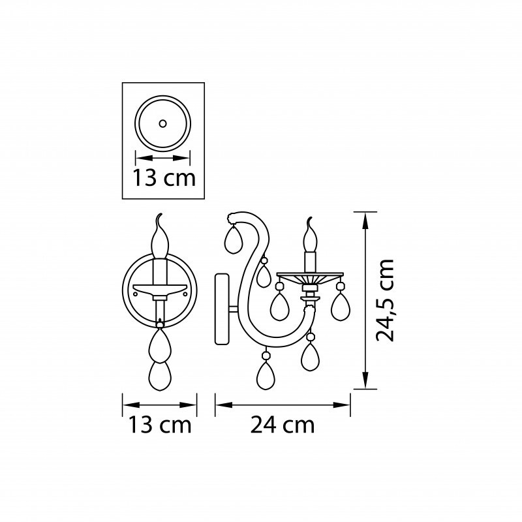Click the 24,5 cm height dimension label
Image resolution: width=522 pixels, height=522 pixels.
pos(385,300)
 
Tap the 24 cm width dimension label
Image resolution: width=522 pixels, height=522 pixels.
pos(283,425)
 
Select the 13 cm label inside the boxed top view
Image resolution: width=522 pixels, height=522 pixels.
pos(164,177)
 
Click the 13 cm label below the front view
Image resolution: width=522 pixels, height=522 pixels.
pos(160,425)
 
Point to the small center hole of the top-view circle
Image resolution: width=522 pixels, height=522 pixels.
pos(162,123)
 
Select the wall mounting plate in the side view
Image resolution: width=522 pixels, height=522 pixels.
pos(222,309)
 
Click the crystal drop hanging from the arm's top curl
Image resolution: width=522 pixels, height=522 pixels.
pos(233,239)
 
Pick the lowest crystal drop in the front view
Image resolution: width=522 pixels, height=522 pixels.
pos(160,376)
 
